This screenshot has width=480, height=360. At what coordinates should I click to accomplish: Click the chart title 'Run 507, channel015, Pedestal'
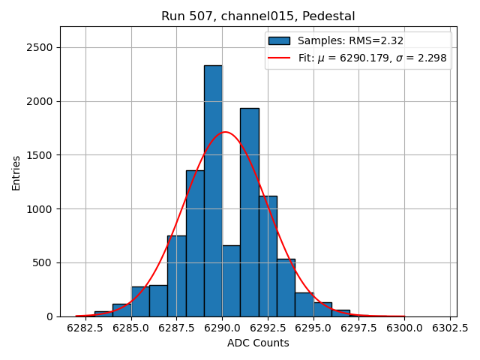click(x=258, y=16)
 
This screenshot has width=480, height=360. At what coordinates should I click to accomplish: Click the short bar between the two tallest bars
click(x=231, y=281)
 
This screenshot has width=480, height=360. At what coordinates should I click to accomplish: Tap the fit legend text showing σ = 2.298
click(x=371, y=58)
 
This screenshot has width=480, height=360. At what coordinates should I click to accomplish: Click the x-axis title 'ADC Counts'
click(x=258, y=343)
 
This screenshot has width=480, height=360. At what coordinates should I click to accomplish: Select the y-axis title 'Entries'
click(x=16, y=172)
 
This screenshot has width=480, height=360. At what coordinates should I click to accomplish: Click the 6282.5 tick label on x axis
click(x=85, y=328)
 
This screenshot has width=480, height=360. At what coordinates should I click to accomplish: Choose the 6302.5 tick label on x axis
click(x=449, y=328)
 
